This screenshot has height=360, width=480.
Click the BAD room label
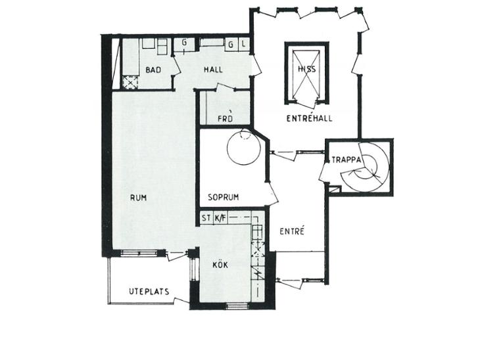pos(153,70)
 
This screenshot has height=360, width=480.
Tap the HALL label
pos(213,70)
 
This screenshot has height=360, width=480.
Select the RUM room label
pos(138,198)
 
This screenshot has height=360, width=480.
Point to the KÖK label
pos(220,264)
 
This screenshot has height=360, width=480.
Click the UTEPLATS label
pos(149,292)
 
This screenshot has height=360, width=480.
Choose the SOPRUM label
pos(223,197)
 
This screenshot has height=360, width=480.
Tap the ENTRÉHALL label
pos(309,118)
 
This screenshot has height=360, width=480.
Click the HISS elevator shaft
pos(306,73)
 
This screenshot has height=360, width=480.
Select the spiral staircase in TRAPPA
pos(364,167)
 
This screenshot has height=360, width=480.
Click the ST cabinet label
pos(206,218)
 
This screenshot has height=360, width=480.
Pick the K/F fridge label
pos(220,218)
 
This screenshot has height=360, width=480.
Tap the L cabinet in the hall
pos(244,44)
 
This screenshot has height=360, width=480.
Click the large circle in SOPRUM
pos(244,148)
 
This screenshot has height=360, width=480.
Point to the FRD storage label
pos(226,119)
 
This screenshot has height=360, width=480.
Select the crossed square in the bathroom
pos(130,82)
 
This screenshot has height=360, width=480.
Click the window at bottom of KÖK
pos(237,305)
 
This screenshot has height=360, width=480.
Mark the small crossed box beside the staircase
pos(335,189)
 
